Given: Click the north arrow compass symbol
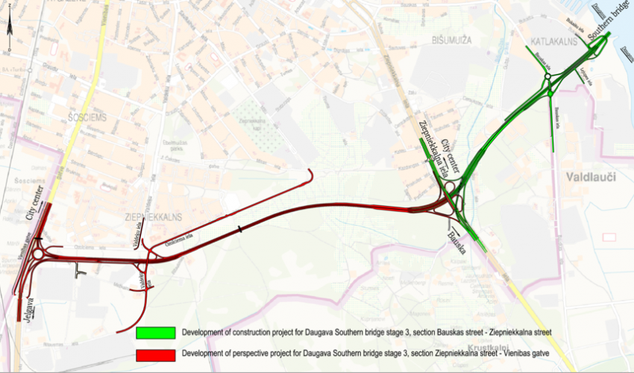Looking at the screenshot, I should (8, 28).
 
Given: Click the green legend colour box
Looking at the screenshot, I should (155, 332).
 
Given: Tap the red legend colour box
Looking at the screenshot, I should (155, 355).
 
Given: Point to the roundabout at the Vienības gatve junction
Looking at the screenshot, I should (38, 254).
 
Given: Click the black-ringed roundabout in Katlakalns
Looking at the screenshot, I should (547, 77).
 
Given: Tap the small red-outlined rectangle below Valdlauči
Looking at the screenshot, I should (609, 236).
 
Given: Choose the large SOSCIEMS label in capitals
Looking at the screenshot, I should (87, 118).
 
